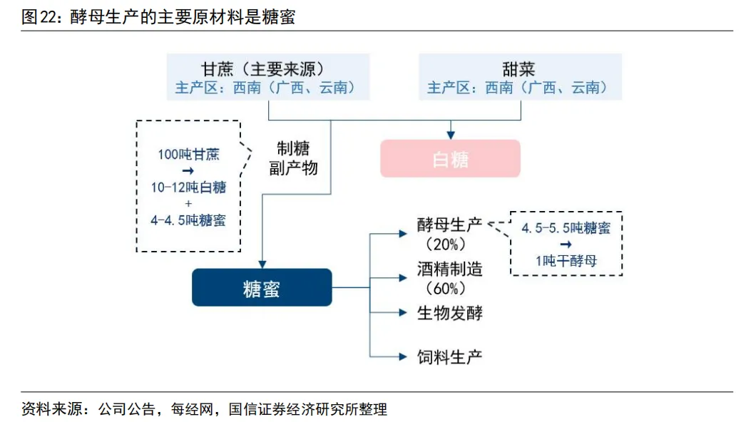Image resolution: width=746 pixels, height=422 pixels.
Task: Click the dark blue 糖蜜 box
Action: click(262, 287)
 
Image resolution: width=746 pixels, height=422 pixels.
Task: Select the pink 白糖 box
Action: click(450, 158)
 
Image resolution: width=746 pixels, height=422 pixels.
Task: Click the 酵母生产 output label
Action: click(449, 225)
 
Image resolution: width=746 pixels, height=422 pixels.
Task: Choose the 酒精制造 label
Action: click(449, 269)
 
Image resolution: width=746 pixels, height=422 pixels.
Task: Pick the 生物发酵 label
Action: click(449, 312)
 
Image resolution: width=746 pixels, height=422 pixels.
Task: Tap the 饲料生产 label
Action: click(449, 355)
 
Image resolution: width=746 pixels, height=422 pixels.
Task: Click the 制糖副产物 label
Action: click(293, 158)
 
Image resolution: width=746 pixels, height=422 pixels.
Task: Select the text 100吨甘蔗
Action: click(189, 154)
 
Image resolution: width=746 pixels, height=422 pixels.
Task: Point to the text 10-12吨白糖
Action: click(188, 187)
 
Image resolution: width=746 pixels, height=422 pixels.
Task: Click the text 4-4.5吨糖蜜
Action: click(188, 220)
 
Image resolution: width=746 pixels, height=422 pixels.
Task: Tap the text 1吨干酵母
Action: click(566, 261)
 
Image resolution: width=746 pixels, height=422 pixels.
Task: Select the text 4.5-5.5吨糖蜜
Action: click(566, 228)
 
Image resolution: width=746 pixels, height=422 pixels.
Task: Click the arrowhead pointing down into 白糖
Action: click(450, 133)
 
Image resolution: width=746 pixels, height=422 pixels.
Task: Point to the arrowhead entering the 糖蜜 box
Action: click(262, 263)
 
